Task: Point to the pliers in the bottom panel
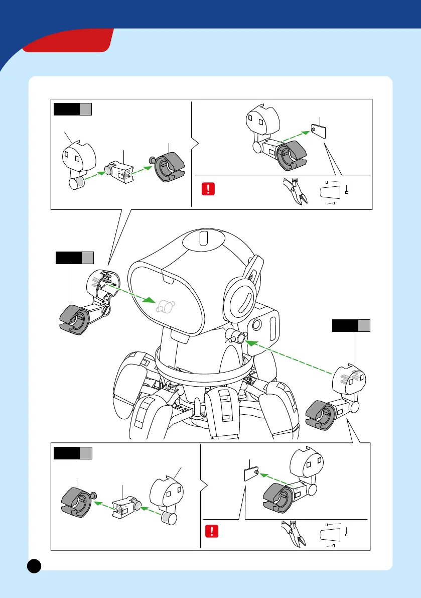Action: (295, 534)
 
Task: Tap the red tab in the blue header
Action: (68, 41)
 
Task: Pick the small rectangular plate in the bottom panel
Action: (251, 472)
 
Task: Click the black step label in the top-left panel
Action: (67, 109)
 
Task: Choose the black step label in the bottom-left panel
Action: (67, 453)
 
